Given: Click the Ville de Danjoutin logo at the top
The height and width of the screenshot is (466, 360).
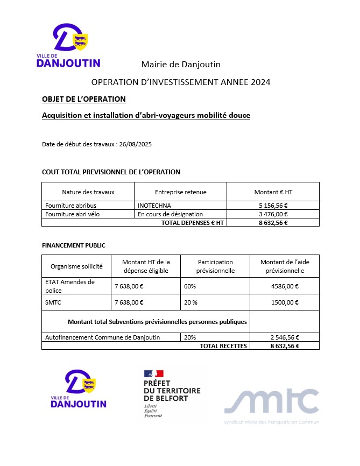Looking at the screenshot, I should (68, 46).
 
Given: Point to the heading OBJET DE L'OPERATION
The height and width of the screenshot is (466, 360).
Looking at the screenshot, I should (84, 99).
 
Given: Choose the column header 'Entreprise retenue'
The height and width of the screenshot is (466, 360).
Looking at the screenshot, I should (180, 192).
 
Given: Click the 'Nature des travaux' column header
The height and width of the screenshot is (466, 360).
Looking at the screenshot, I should (88, 192).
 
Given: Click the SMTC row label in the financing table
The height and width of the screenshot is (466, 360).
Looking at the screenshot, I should (53, 302).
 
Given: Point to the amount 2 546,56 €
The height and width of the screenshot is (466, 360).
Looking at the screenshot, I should (285, 337).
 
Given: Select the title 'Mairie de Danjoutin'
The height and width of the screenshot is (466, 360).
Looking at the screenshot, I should (181, 65).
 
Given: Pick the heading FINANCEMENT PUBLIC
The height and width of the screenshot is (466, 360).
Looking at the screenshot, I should (74, 245).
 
